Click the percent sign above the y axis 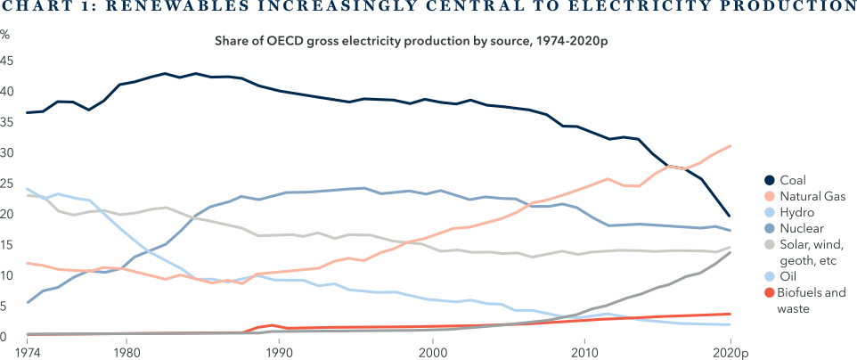[x=6, y=35]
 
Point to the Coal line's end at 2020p [x=730, y=216]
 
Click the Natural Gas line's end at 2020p [x=730, y=146]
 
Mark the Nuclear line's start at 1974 [x=28, y=303]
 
